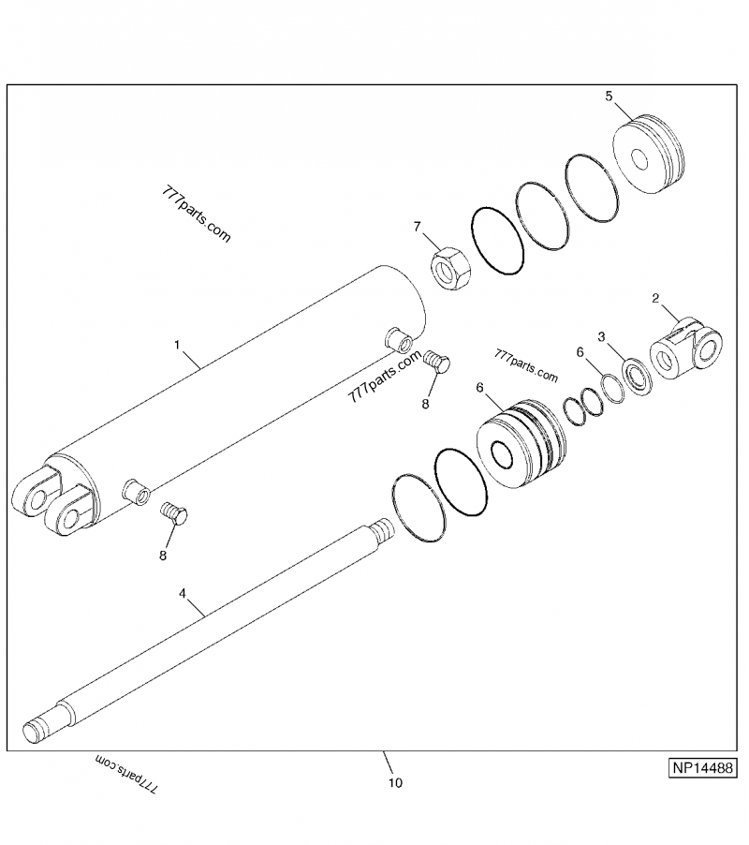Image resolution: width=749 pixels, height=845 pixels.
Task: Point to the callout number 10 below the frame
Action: (394, 783)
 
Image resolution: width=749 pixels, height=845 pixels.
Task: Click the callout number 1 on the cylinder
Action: (177, 346)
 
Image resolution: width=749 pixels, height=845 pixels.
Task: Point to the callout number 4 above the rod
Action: (183, 593)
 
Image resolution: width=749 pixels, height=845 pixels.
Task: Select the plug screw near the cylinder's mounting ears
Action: (174, 513)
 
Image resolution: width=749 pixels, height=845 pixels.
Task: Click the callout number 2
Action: (655, 299)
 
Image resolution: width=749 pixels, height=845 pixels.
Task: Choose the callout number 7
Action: (418, 227)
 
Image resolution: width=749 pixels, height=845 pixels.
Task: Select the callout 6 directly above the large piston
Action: (480, 387)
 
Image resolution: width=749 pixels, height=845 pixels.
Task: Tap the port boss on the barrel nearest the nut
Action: (398, 337)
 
